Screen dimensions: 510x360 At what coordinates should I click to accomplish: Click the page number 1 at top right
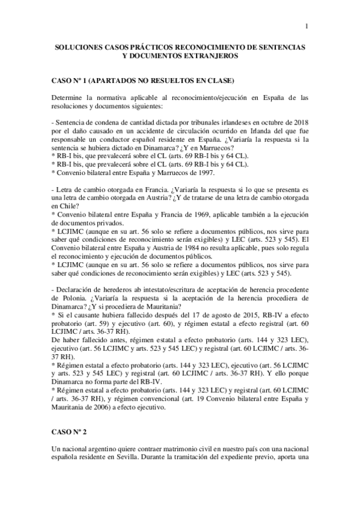pos(307,25)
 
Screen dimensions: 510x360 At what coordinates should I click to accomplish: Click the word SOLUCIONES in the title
pos(79,46)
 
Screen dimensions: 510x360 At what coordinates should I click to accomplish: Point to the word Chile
pos(62,204)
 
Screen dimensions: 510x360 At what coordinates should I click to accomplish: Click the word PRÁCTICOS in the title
pos(141,46)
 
